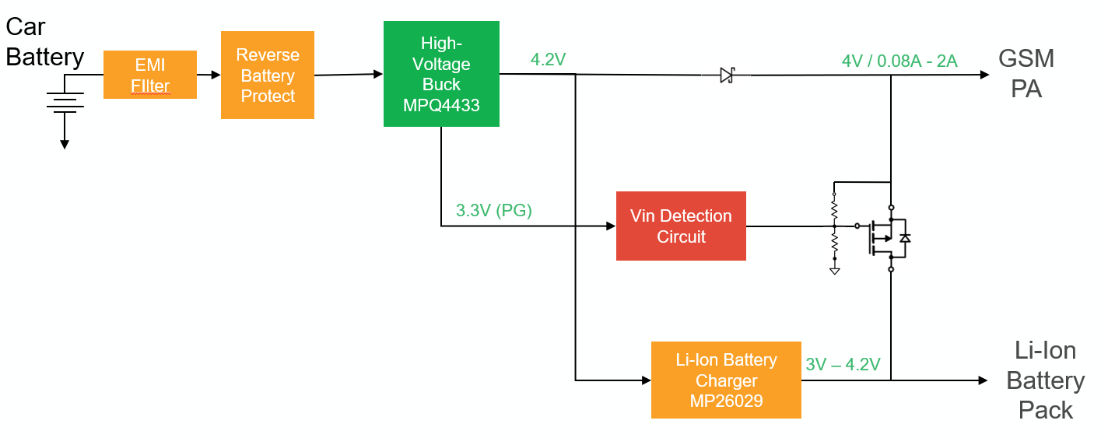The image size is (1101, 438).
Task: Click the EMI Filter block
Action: pos(150,75)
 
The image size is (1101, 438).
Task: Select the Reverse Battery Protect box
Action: pos(267,75)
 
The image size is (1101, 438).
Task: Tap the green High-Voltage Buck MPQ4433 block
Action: pos(441,74)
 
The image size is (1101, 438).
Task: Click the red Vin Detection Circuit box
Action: pos(681,226)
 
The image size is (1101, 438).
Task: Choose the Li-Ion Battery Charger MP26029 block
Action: pos(726,380)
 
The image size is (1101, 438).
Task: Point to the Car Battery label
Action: pos(44,42)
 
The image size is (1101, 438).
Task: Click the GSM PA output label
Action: pos(1026,74)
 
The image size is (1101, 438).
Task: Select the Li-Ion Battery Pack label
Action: pos(1045,380)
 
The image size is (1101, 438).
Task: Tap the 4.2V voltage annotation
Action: pos(548,60)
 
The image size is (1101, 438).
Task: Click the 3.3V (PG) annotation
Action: pos(494,210)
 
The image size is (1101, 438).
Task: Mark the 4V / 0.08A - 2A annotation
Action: pos(899,61)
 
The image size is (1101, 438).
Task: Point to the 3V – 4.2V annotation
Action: pos(843,364)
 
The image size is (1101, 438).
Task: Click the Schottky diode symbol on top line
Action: pos(727,75)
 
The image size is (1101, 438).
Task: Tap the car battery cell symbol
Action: pos(65,102)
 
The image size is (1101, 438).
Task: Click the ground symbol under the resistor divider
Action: pos(834,270)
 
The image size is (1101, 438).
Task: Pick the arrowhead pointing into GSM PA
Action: pos(984,75)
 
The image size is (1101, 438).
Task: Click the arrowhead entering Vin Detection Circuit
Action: pos(610,226)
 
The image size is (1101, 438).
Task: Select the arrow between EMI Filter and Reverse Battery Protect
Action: pos(209,75)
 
